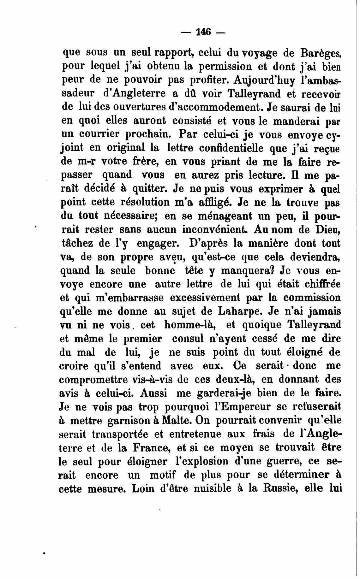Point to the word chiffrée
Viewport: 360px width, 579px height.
(x=322, y=284)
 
